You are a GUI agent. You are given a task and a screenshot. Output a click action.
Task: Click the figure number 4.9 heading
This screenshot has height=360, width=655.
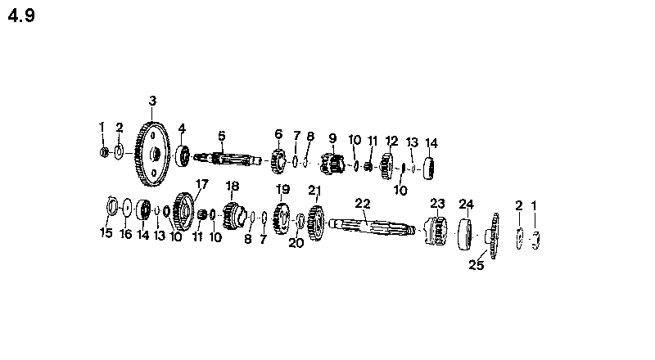tap(21, 16)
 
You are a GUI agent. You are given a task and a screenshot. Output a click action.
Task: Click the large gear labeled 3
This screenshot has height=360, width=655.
tap(152, 154)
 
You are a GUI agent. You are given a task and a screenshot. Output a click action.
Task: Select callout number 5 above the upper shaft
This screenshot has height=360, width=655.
tap(221, 136)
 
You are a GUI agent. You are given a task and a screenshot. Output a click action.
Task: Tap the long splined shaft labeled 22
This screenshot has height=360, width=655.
tap(372, 227)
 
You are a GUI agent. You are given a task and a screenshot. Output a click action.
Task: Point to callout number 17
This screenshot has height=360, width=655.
tap(201, 184)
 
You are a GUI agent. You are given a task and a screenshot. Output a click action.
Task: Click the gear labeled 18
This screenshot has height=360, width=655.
tap(234, 215)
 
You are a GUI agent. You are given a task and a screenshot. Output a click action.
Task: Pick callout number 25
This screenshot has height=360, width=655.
tap(477, 265)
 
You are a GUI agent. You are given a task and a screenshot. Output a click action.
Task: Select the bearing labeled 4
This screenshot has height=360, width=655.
tap(183, 155)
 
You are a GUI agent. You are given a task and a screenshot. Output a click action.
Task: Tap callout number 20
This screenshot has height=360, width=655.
tap(296, 243)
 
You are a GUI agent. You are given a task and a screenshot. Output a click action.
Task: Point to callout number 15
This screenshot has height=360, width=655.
tap(106, 232)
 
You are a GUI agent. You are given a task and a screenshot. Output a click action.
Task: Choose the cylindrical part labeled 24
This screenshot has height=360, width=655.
tap(465, 234)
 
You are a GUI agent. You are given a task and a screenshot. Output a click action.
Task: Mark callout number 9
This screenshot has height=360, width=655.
tap(332, 137)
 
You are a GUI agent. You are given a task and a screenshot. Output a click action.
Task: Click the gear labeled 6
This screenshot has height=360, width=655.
tap(278, 161)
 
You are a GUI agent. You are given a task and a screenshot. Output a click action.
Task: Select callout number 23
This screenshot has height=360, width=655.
tap(437, 204)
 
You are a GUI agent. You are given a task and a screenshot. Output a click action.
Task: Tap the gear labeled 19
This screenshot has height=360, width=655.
tap(282, 218)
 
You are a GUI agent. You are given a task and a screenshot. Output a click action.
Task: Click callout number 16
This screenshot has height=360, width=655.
tap(126, 234)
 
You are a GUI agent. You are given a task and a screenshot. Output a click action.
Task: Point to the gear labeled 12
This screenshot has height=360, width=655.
tap(386, 166)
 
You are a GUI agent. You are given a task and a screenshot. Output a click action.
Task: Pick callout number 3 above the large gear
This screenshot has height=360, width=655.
tap(152, 101)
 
